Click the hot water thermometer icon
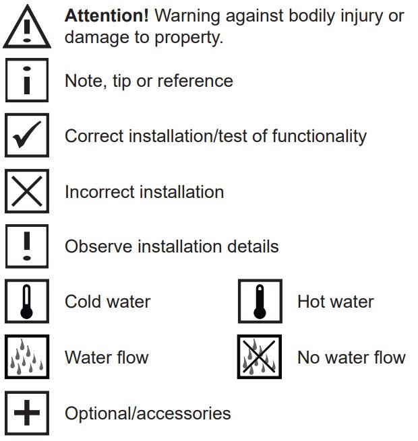click(260, 302)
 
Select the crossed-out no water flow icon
click(260, 357)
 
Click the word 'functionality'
click(319, 136)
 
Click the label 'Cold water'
click(107, 302)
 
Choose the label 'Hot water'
click(335, 302)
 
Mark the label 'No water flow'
click(351, 357)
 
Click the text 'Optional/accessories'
click(148, 413)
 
